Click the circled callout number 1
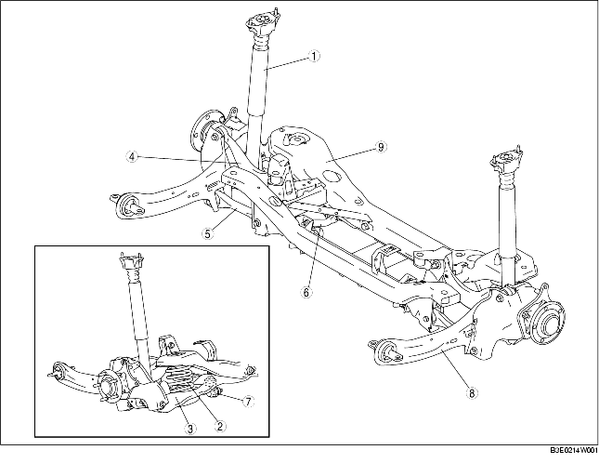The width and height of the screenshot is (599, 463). [x=314, y=56]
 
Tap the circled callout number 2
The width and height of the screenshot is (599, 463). [x=219, y=426]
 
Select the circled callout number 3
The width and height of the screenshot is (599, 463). [x=189, y=429]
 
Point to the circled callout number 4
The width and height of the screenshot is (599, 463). [x=132, y=156]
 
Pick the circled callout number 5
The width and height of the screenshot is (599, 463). [x=207, y=233]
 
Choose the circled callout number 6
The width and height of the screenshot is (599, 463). [x=306, y=292]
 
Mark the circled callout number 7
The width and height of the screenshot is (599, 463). [x=248, y=401]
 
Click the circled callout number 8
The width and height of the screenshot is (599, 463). [x=472, y=393]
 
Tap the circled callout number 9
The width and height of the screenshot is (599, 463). [x=381, y=146]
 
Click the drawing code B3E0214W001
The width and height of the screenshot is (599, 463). [x=574, y=450]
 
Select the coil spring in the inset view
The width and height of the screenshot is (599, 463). [x=182, y=377]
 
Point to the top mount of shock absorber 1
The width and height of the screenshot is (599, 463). [x=261, y=22]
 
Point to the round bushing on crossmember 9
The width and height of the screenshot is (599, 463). [x=296, y=139]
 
